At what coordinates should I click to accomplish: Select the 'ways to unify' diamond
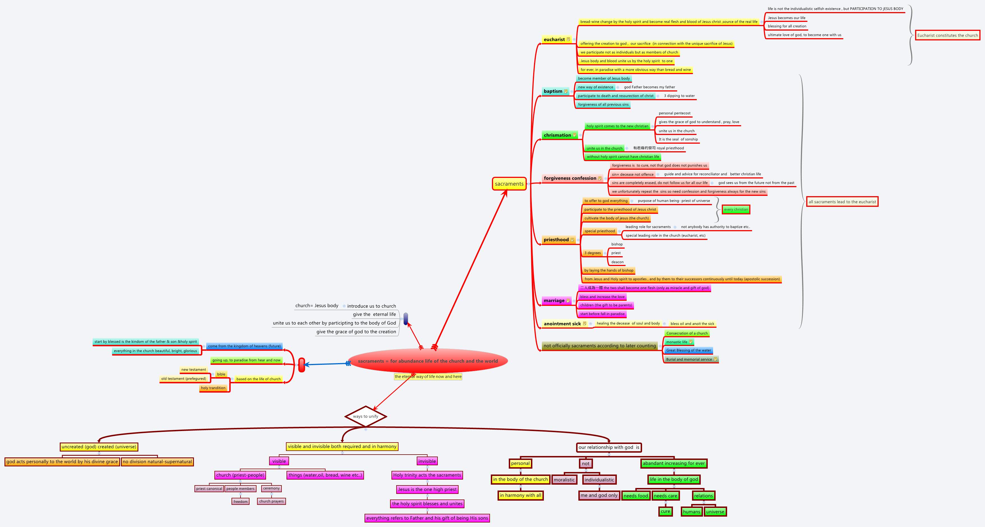(366, 416)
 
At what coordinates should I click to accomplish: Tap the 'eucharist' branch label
(554, 39)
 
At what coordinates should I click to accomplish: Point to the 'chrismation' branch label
(557, 135)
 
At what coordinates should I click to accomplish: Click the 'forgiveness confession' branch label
(570, 178)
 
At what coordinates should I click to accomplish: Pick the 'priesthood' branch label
(556, 240)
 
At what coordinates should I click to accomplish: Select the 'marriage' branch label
(554, 301)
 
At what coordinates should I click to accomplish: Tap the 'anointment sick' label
(562, 324)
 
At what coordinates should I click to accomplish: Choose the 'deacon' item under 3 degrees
(617, 262)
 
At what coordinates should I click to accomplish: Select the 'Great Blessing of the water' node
(688, 350)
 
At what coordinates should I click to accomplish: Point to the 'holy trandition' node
(213, 388)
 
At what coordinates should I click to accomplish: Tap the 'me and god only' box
(599, 495)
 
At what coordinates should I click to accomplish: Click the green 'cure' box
(665, 511)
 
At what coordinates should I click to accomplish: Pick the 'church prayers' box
(271, 501)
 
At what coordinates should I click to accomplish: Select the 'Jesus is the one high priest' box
(427, 489)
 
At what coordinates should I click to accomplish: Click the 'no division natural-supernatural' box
(157, 462)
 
